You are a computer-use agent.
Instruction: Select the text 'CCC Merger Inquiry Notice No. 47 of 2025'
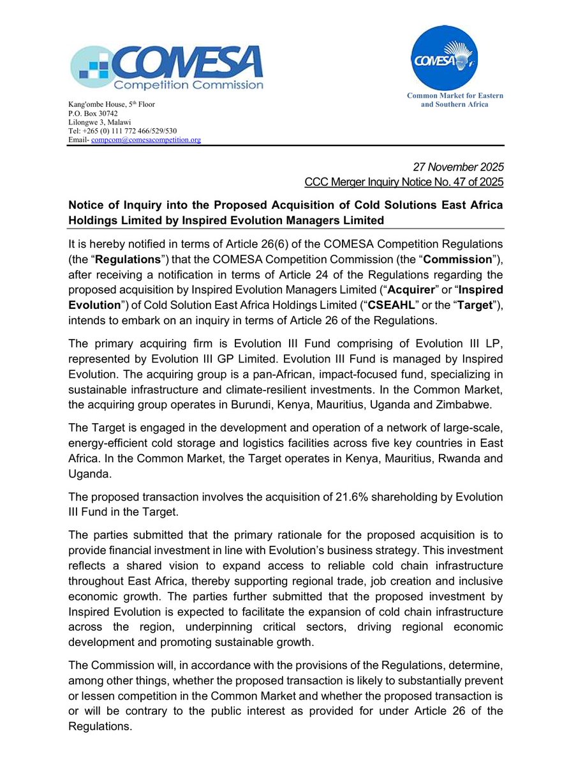pyautogui.click(x=404, y=183)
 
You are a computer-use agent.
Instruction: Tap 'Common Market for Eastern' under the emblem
pyautogui.click(x=455, y=96)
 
